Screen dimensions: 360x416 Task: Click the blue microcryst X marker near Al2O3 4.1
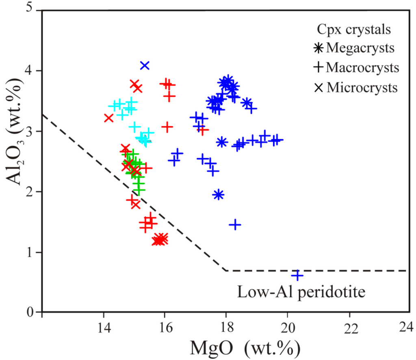(145, 65)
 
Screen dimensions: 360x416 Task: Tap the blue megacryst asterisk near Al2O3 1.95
(219, 195)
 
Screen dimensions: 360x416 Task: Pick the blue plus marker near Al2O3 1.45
(235, 224)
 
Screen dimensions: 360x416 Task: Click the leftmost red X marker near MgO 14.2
(108, 118)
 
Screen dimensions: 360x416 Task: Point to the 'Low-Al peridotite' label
(302, 292)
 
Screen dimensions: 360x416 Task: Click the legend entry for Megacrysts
(354, 48)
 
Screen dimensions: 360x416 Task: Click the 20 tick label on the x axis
(288, 328)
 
